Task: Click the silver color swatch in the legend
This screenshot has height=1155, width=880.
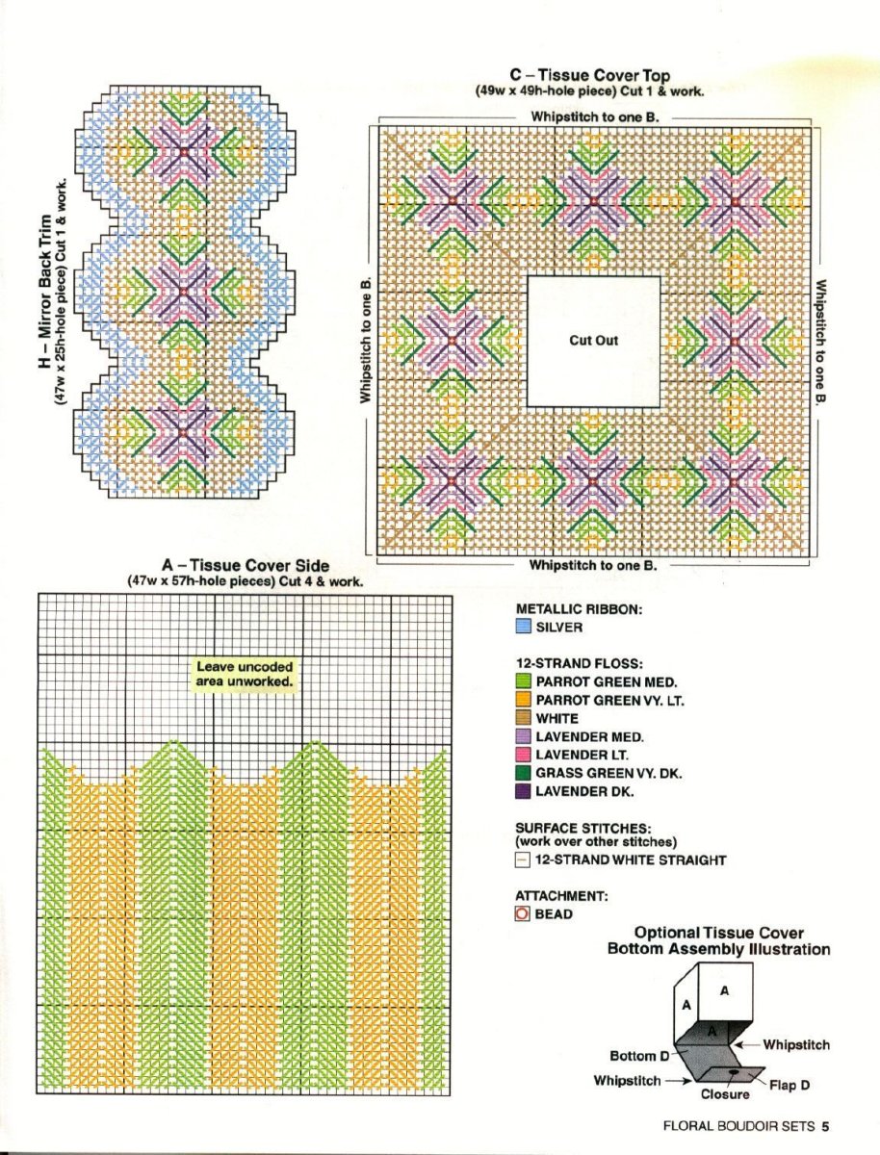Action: (524, 627)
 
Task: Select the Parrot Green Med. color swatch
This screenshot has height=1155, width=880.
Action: (524, 681)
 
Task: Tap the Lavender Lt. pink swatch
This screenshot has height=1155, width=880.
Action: (524, 755)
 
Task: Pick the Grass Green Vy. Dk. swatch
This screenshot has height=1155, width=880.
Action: (524, 773)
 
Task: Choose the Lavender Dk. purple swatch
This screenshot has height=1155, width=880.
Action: (524, 791)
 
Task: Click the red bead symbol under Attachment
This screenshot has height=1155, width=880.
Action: (523, 914)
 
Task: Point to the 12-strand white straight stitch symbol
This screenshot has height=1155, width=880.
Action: (523, 860)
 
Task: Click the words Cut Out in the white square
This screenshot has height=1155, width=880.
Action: (594, 341)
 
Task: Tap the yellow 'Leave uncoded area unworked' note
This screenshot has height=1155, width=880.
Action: (245, 674)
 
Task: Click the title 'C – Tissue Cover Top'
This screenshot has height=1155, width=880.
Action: (590, 75)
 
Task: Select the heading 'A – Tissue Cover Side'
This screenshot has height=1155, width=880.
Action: (246, 566)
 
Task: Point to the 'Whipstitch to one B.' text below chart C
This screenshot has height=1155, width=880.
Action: (593, 565)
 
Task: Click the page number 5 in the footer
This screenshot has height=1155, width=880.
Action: (825, 1125)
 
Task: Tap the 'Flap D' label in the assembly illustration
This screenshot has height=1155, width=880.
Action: (789, 1086)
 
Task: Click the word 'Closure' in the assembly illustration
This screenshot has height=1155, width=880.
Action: (725, 1094)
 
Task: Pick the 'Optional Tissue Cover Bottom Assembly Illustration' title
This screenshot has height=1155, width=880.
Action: (718, 941)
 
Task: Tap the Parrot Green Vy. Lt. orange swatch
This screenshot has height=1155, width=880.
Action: (524, 700)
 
